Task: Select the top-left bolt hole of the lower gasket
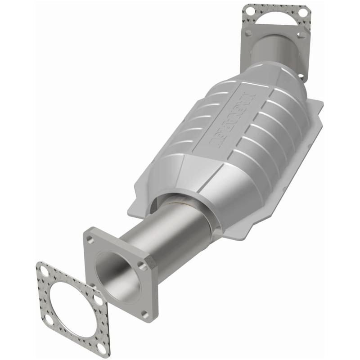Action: [44, 271]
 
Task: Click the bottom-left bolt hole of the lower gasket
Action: [48, 319]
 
